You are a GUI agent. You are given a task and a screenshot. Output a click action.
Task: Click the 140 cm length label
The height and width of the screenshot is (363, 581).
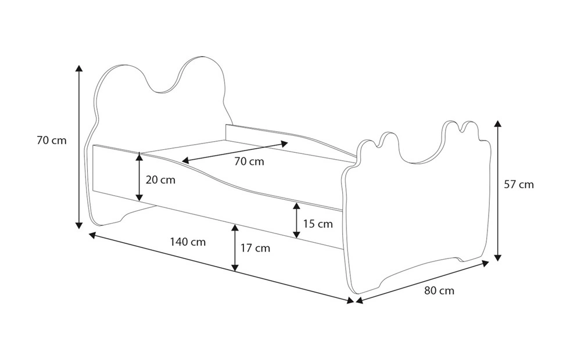pos(188,242)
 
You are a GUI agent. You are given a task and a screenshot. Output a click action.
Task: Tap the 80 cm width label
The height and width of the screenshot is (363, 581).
pos(439,291)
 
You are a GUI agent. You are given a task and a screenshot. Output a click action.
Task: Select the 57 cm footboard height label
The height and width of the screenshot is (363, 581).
pos(519,185)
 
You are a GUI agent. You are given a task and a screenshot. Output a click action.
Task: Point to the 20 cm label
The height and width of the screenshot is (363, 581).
pos(160,180)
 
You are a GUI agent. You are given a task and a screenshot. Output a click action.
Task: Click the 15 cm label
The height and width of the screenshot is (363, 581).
pos(318,224)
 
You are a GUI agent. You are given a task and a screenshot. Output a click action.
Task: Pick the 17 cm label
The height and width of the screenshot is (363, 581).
pos(255,248)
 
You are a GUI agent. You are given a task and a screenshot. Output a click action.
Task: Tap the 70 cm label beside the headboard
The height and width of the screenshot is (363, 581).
pos(52,141)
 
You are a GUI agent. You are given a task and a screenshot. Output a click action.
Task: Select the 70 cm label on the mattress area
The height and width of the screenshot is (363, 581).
pos(249,161)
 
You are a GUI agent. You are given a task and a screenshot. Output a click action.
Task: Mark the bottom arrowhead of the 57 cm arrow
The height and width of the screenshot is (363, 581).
pos(498,257)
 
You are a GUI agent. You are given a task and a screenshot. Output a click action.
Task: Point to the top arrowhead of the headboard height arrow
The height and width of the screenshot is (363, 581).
pos(78,68)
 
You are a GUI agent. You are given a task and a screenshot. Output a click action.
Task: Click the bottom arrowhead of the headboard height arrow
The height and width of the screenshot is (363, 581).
pos(78,225)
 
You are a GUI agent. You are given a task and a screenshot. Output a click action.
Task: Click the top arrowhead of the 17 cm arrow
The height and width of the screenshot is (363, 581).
pos(235,228)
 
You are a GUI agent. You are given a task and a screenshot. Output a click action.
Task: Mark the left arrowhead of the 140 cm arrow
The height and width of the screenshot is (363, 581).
pos(92,235)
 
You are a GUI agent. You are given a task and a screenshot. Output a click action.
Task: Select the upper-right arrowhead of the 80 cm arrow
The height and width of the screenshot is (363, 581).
pos(485,263)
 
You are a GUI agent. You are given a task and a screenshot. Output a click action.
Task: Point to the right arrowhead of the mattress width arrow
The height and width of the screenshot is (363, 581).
pos(285,143)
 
